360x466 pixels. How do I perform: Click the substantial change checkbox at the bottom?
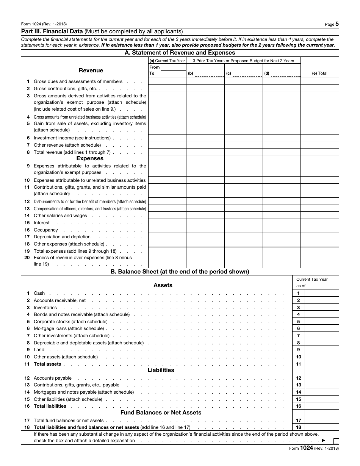click(336, 441)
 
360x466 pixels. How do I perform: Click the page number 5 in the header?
click(337, 24)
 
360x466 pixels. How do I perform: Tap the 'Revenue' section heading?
click(91, 70)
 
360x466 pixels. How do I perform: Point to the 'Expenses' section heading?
click(90, 158)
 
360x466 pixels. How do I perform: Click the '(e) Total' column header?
click(319, 73)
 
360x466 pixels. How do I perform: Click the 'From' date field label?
click(155, 67)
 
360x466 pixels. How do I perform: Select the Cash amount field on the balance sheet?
click(322, 293)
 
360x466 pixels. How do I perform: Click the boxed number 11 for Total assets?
click(298, 364)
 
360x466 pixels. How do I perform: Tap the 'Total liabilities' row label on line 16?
click(50, 406)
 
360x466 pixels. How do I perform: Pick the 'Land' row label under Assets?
click(39, 350)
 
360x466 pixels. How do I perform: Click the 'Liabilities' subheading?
click(161, 370)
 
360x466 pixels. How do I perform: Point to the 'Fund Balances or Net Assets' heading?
click(161, 413)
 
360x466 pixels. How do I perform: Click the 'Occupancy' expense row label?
click(46, 230)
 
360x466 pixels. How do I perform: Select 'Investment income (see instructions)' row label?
click(72, 138)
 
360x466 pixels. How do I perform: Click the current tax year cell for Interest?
click(167, 223)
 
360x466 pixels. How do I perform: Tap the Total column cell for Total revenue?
click(319, 152)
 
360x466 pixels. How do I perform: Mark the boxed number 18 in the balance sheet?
click(298, 427)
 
